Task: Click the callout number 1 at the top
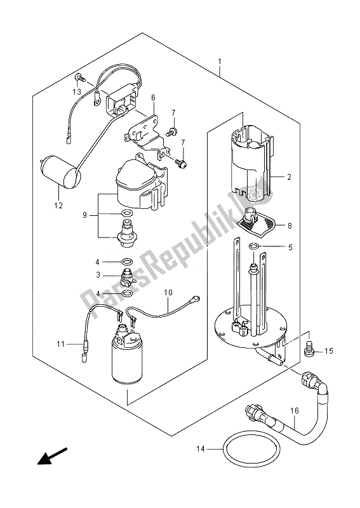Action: [220, 61]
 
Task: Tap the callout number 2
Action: [289, 177]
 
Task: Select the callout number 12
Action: [58, 205]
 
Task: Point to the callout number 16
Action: [294, 411]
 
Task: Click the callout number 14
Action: [201, 449]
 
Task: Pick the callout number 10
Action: [168, 293]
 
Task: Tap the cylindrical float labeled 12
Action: [60, 171]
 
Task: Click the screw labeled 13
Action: [79, 77]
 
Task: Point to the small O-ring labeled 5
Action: [253, 247]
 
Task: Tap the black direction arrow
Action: [52, 455]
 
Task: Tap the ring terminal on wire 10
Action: [196, 298]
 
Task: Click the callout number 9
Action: [84, 215]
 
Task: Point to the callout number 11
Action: [60, 344]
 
